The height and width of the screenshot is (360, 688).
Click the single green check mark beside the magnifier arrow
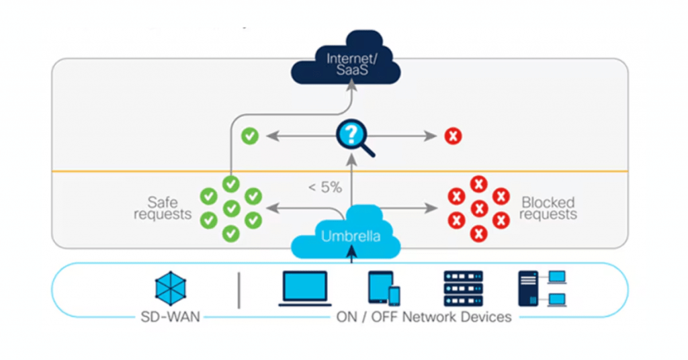tap(250, 136)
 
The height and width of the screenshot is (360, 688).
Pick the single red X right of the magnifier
tap(454, 136)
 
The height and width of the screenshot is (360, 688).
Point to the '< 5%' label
tap(325, 188)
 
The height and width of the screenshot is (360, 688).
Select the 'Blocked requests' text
tap(548, 208)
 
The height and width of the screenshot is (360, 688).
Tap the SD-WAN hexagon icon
tap(171, 288)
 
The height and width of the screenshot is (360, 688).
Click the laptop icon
tap(304, 289)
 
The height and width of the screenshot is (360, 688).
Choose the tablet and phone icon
tap(384, 289)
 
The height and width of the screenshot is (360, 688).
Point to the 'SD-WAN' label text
tap(171, 317)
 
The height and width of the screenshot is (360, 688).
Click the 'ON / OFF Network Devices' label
tap(423, 317)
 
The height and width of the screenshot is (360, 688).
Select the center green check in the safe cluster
tap(231, 208)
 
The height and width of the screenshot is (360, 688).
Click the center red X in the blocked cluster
tap(478, 208)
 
